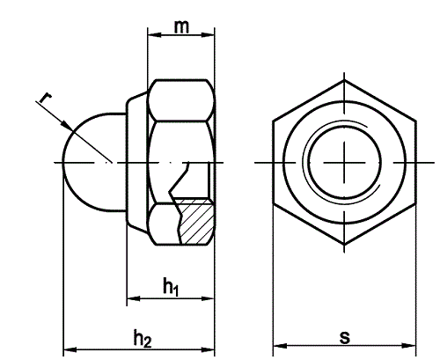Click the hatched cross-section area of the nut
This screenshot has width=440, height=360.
[x=195, y=224]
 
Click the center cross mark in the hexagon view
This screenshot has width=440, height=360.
[x=343, y=162]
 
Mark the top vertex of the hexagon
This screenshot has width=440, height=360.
[x=343, y=81]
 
